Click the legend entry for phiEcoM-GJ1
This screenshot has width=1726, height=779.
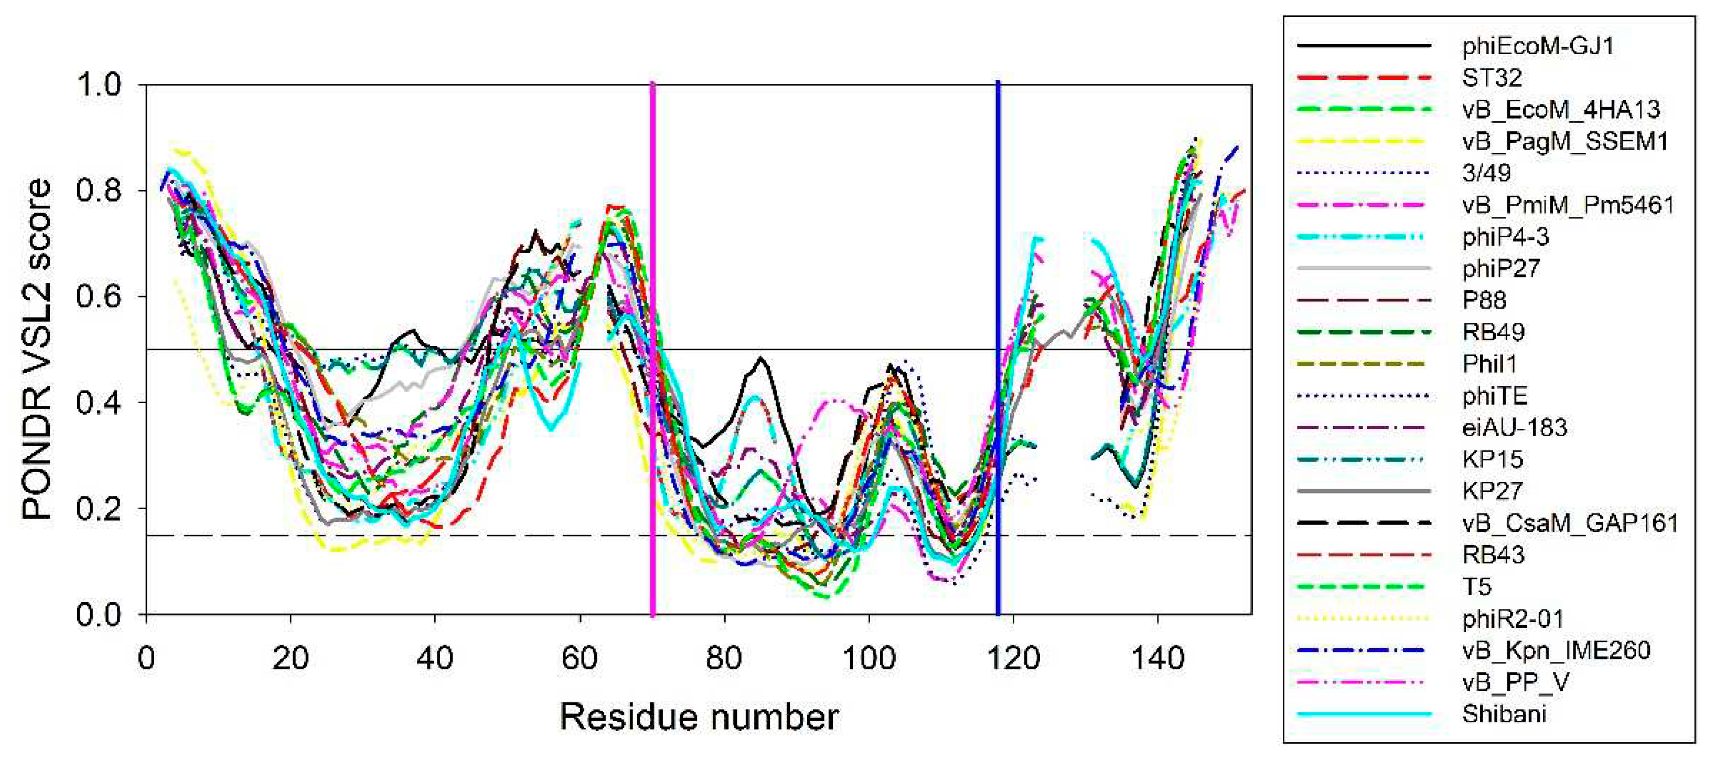(x=1537, y=46)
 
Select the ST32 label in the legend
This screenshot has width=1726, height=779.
(x=1492, y=78)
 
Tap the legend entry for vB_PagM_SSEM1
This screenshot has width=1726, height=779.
(x=1564, y=141)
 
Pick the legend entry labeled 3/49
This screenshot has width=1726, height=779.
(x=1486, y=173)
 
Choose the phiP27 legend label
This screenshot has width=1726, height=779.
(x=1501, y=268)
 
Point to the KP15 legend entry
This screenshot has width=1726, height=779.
(x=1492, y=459)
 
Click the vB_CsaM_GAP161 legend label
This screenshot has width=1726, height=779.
(x=1570, y=523)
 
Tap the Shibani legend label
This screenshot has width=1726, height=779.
(x=1504, y=714)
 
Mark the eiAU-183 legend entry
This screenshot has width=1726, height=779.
(x=1514, y=427)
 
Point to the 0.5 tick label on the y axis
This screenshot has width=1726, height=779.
(x=101, y=349)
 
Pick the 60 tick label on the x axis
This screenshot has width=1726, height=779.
(x=579, y=659)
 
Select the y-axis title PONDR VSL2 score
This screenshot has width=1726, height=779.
(x=37, y=349)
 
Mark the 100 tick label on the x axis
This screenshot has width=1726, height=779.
(x=869, y=659)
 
